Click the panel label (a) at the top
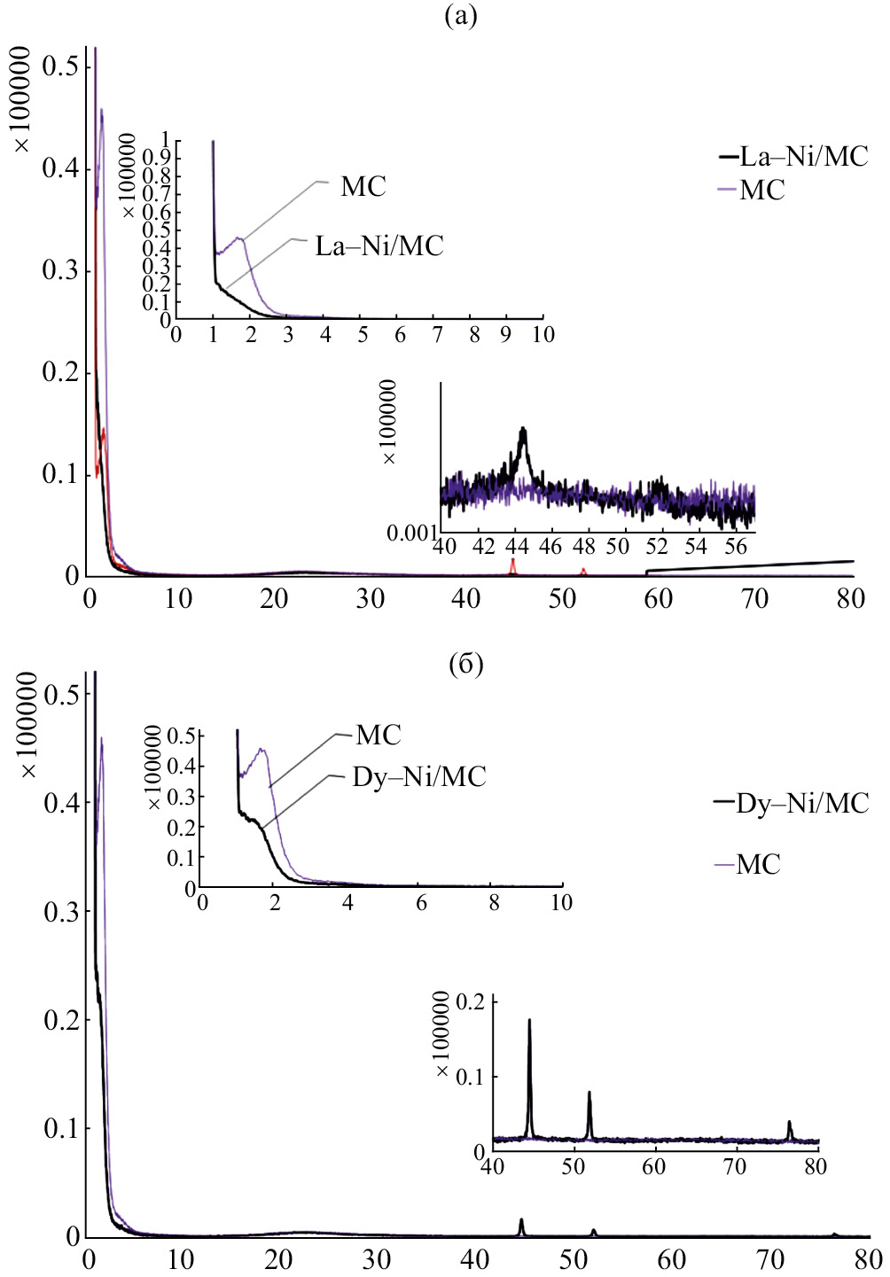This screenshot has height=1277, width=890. pyautogui.click(x=460, y=15)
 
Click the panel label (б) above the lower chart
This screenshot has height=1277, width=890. pyautogui.click(x=466, y=665)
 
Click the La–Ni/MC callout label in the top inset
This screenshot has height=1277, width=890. pyautogui.click(x=379, y=246)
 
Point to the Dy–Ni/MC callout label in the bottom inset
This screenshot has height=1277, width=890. pyautogui.click(x=419, y=777)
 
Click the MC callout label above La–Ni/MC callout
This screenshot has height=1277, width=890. pyautogui.click(x=363, y=187)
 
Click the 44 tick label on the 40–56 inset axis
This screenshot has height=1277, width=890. pyautogui.click(x=518, y=547)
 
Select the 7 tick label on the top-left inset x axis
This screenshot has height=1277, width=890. pyautogui.click(x=437, y=335)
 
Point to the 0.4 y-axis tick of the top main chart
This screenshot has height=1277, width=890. pyautogui.click(x=60, y=168)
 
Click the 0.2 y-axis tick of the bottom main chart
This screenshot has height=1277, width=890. pyautogui.click(x=62, y=1021)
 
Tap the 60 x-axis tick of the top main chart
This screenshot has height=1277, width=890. pyautogui.click(x=659, y=599)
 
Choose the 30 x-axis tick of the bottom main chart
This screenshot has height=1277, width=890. pyautogui.click(x=376, y=1259)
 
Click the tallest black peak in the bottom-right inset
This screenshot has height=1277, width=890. pyautogui.click(x=529, y=1022)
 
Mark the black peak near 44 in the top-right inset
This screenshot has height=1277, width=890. pyautogui.click(x=523, y=431)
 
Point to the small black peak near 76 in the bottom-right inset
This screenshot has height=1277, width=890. pyautogui.click(x=789, y=1124)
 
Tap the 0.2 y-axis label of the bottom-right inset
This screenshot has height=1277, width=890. pyautogui.click(x=470, y=1003)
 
